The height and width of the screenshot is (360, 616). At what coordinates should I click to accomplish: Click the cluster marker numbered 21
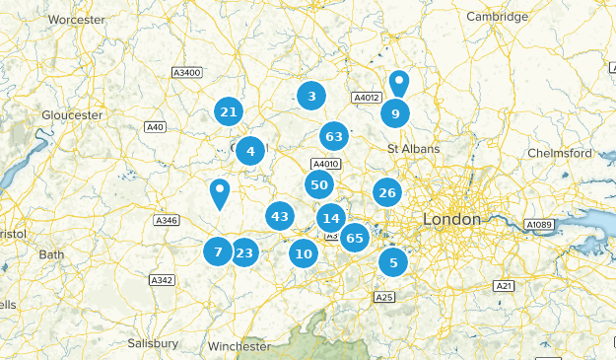click(x=229, y=112)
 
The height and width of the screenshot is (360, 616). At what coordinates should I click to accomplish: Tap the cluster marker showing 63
click(x=334, y=136)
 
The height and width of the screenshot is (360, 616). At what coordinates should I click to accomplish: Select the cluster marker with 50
click(x=318, y=184)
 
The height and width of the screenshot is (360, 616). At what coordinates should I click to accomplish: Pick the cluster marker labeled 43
click(x=280, y=216)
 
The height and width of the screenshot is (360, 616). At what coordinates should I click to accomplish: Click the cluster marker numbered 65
click(x=355, y=237)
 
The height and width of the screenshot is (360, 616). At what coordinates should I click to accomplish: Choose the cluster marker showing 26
click(x=387, y=192)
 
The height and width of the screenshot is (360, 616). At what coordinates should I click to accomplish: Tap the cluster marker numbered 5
click(x=393, y=262)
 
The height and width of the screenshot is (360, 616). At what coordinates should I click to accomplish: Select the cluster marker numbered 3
click(x=311, y=96)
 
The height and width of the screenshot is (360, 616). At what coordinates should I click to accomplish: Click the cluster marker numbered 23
click(x=244, y=252)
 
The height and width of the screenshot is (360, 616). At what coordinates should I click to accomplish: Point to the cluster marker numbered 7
click(x=218, y=252)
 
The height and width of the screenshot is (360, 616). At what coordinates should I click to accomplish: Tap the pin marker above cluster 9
click(x=398, y=83)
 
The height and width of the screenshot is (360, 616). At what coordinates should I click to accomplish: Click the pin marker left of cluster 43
click(x=219, y=192)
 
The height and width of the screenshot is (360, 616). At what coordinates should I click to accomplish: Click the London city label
click(x=451, y=219)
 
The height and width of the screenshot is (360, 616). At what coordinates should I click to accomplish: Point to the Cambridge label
click(x=498, y=17)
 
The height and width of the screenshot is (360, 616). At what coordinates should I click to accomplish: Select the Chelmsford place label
click(x=560, y=154)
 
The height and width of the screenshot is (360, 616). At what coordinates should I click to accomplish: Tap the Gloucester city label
click(x=72, y=115)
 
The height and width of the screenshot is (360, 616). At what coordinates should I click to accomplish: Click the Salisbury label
click(x=153, y=343)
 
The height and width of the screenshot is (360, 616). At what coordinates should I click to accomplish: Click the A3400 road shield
click(x=185, y=72)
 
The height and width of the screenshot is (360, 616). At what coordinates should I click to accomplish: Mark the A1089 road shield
click(x=539, y=225)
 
